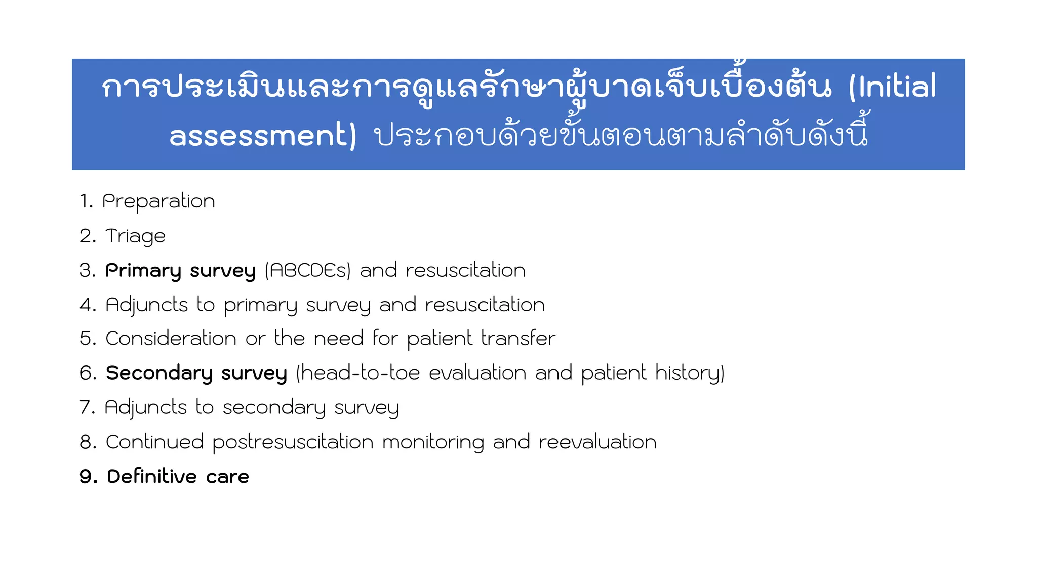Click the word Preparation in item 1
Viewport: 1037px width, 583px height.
[158, 201]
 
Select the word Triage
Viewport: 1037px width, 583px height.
[135, 236]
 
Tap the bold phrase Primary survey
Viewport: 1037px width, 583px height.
[180, 271]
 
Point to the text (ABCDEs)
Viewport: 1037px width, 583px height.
[307, 271]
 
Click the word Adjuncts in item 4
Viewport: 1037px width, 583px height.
[147, 305]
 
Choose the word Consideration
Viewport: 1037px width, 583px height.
[171, 339]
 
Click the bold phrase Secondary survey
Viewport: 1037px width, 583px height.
[196, 373]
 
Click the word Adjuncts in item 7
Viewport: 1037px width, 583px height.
[146, 407]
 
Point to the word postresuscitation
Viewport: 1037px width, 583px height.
[293, 442]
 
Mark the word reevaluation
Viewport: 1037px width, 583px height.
[597, 442]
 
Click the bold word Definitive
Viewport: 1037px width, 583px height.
[152, 477]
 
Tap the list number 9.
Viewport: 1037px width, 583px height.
[88, 477]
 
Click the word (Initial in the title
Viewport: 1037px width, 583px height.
[893, 87]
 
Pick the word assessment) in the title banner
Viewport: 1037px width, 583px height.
[263, 136]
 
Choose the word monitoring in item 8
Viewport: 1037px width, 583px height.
[433, 442]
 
